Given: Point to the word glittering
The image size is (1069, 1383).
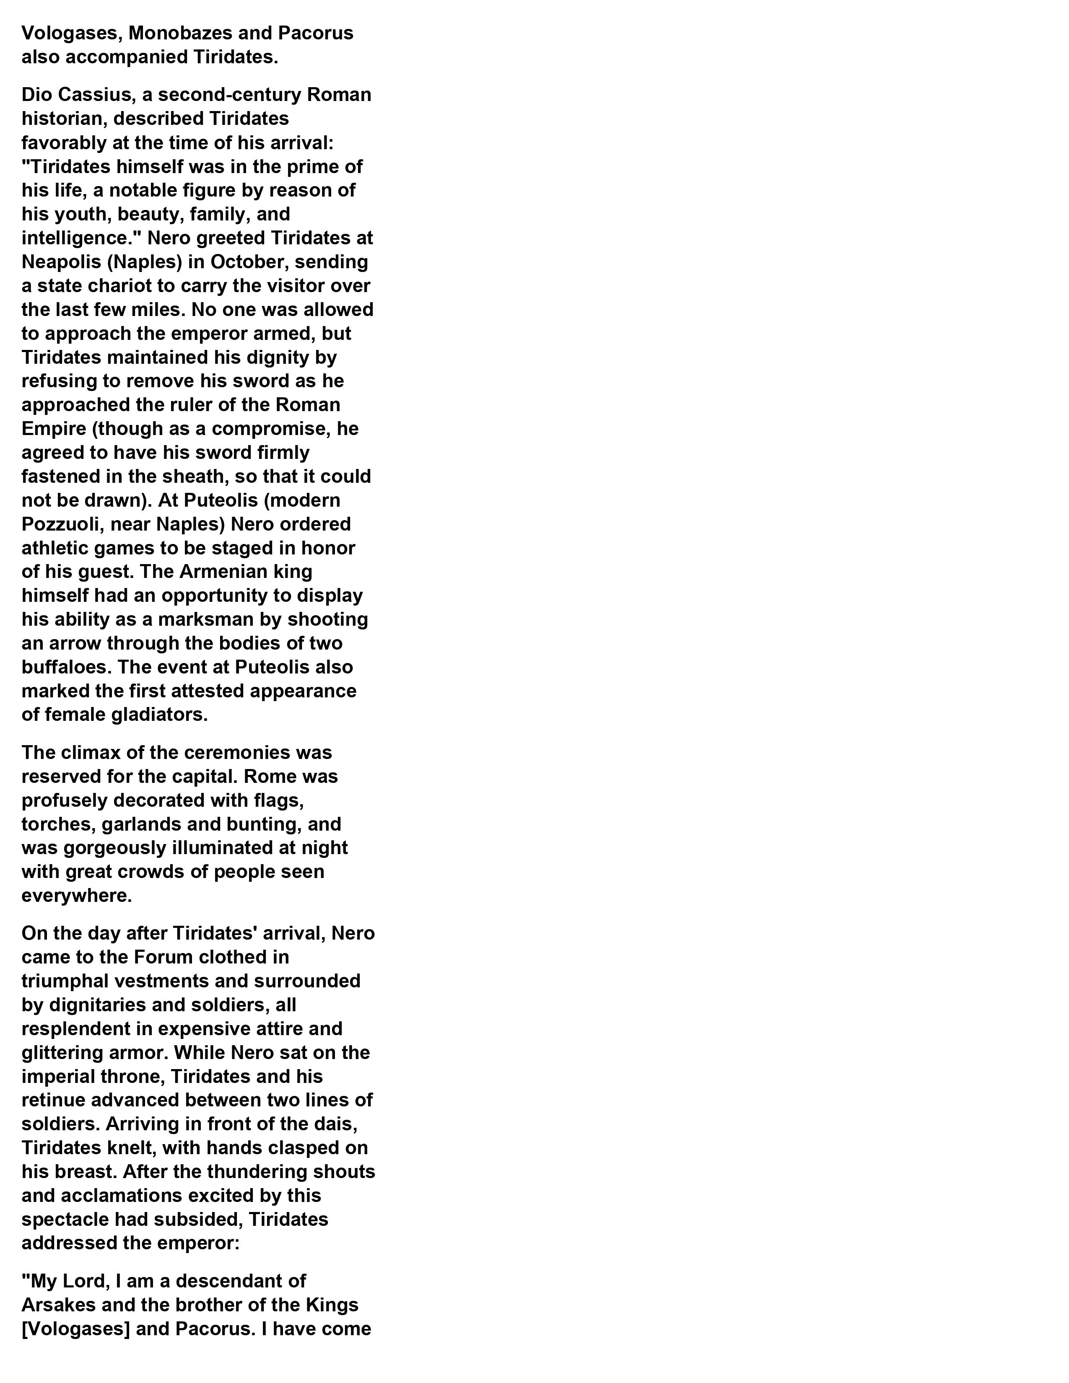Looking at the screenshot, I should point(62,1053).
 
